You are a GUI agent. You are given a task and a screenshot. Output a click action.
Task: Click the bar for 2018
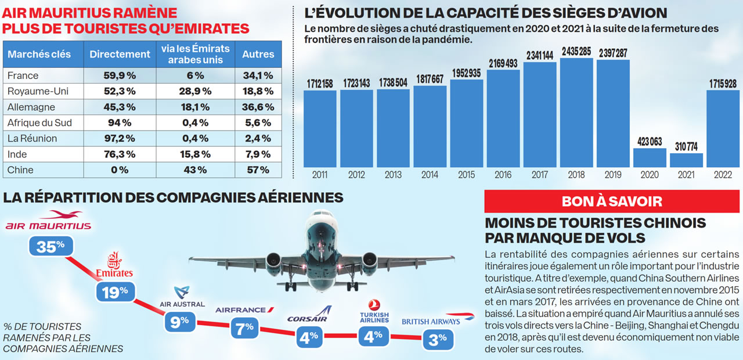click(576, 113)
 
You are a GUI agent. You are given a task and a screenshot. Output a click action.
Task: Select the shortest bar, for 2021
click(686, 160)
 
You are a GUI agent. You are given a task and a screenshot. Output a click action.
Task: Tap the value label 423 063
click(649, 142)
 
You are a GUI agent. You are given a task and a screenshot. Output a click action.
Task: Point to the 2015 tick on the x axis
click(466, 174)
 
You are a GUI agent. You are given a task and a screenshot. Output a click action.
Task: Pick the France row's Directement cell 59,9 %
click(120, 75)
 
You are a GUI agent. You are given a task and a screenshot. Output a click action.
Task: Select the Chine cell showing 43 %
click(196, 170)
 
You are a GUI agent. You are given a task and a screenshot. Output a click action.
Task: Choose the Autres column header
click(258, 54)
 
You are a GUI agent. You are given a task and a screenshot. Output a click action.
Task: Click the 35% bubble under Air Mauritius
click(51, 247)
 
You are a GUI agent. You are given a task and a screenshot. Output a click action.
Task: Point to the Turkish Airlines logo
click(374, 311)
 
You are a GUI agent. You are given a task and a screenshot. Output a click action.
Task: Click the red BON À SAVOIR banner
click(612, 201)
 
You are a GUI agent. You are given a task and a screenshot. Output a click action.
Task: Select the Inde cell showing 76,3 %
click(120, 154)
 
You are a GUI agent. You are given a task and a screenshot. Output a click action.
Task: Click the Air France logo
click(244, 310)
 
